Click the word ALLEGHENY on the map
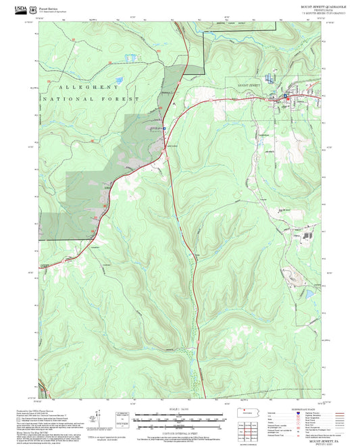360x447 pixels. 89,88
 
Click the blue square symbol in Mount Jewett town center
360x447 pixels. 285,97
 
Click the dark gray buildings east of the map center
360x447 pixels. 309,236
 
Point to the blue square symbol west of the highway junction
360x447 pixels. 163,126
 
